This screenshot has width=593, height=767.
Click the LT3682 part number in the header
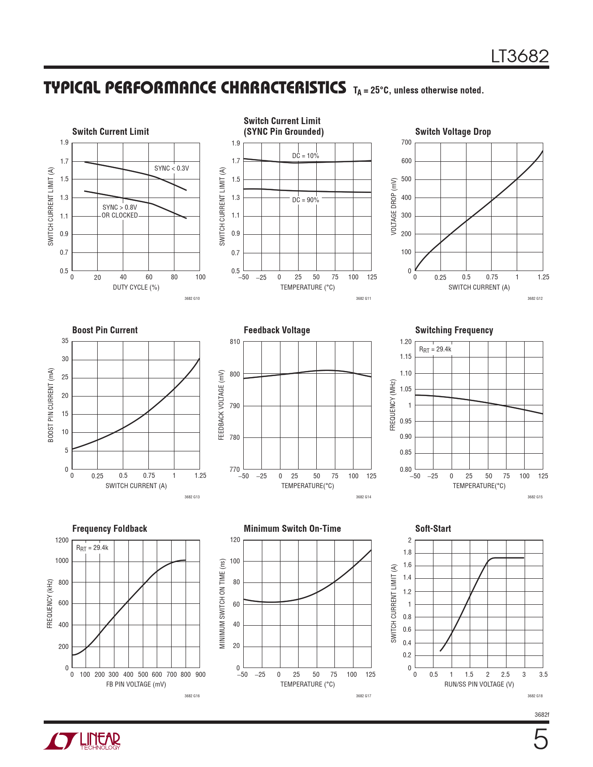tap(520, 56)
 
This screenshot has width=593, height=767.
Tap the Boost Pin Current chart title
tap(105, 330)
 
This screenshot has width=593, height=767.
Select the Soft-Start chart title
tap(433, 529)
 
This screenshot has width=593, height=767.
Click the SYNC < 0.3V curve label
tap(172, 168)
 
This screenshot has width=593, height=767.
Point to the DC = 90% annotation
tap(306, 200)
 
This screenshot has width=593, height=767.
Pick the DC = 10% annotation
tap(306, 156)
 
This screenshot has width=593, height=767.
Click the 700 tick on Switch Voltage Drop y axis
tap(406, 142)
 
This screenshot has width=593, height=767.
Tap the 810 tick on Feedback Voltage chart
tap(235, 342)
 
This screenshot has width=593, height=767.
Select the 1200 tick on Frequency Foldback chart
tap(62, 540)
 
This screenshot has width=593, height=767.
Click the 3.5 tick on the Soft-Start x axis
tap(543, 674)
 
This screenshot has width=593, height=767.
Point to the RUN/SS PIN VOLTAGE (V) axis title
tap(479, 684)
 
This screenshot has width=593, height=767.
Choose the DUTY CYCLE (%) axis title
tap(136, 287)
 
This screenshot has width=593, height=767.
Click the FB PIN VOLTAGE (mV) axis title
tap(136, 684)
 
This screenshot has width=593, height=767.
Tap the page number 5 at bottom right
tap(540, 740)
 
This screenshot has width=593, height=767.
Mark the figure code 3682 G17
tap(363, 696)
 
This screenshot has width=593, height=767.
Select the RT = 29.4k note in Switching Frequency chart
tap(435, 350)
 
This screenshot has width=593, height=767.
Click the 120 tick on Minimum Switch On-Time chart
tap(235, 540)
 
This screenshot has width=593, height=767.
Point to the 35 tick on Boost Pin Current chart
tap(65, 341)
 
